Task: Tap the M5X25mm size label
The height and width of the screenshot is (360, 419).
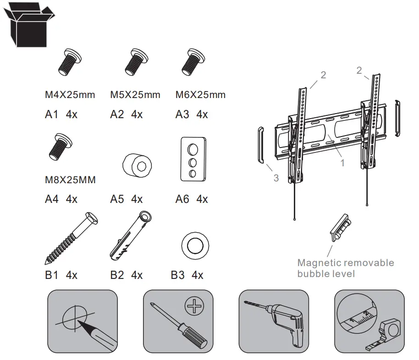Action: (x=135, y=95)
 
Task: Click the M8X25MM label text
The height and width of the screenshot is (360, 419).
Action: (x=70, y=180)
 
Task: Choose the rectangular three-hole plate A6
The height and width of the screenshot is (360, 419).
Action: (x=191, y=158)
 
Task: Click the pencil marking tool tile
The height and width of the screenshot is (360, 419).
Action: (x=83, y=321)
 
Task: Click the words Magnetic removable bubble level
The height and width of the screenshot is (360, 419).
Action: (x=345, y=268)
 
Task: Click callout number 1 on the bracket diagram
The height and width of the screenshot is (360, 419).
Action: (x=342, y=162)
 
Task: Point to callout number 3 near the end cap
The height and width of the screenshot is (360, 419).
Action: (x=276, y=178)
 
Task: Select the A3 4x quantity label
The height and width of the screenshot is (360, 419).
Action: (x=192, y=115)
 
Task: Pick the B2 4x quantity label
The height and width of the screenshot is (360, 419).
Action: (x=127, y=275)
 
